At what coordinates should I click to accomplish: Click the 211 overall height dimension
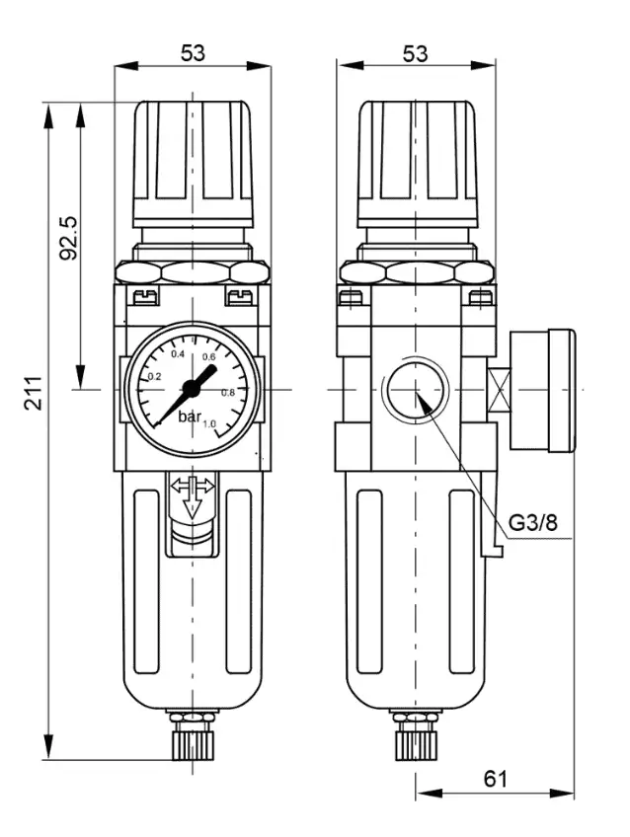click(x=35, y=393)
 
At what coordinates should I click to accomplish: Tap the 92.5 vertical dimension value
click(x=68, y=238)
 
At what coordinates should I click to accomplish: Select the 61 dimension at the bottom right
click(x=496, y=779)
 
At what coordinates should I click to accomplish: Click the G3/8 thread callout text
click(x=532, y=522)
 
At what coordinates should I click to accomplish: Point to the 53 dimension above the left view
click(x=193, y=53)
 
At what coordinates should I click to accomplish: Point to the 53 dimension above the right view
click(x=416, y=53)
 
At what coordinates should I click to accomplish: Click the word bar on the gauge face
click(x=190, y=417)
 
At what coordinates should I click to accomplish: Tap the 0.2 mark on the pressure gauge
click(x=154, y=377)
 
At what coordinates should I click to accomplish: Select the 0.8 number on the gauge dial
click(x=228, y=393)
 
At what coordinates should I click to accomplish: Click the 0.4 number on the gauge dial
click(x=178, y=354)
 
